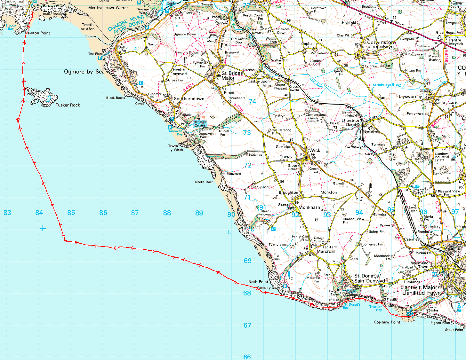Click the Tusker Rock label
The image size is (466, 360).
(x=68, y=105)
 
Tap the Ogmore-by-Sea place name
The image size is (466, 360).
(x=84, y=72)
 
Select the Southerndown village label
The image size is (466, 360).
(x=189, y=98)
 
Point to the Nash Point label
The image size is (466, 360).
(x=258, y=282)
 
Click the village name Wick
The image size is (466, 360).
(x=315, y=150)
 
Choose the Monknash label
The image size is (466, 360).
(x=309, y=207)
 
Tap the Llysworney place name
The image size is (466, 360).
(x=410, y=97)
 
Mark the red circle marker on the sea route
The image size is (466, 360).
(x=18, y=120)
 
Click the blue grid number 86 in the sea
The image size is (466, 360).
(x=103, y=213)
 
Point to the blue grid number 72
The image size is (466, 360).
(x=248, y=165)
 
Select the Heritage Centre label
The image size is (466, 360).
(x=200, y=124)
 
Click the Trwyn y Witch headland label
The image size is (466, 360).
(x=176, y=148)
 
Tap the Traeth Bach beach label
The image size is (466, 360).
(x=204, y=182)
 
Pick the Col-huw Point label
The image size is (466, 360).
(x=387, y=322)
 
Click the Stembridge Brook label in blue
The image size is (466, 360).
(x=387, y=85)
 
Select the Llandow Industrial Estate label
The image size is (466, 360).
(x=442, y=157)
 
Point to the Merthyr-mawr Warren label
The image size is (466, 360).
(x=108, y=8)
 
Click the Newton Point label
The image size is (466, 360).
(x=38, y=33)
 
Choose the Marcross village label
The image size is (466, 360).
(x=326, y=251)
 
